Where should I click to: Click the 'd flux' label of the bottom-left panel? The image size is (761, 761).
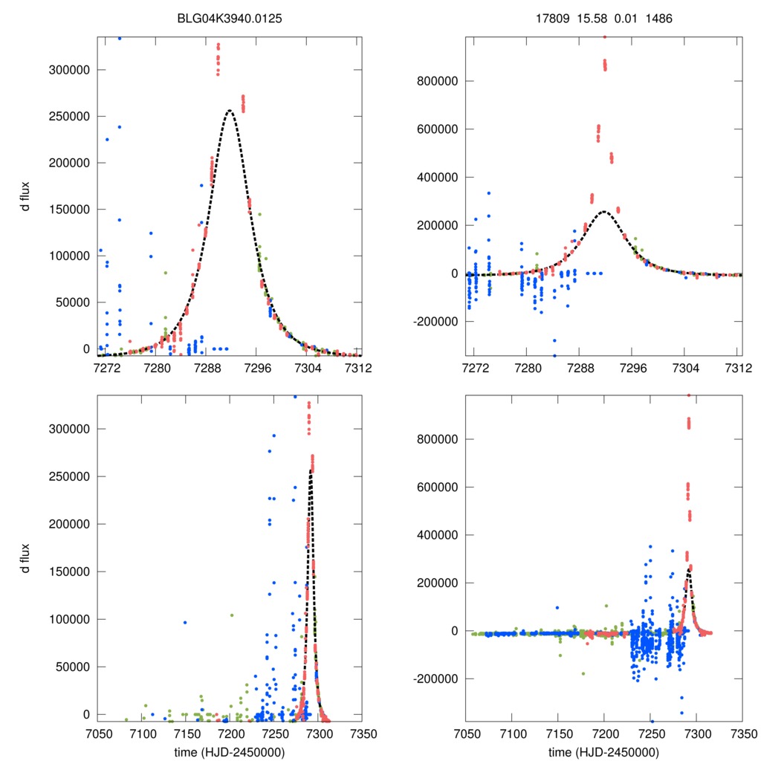coord(26,558)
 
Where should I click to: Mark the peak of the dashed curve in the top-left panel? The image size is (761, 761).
coord(230,111)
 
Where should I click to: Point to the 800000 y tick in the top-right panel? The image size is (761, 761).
coord(437,81)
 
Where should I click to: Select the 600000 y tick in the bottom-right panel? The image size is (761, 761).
coord(437,487)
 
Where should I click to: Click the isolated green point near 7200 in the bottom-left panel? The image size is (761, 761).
coord(232,615)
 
